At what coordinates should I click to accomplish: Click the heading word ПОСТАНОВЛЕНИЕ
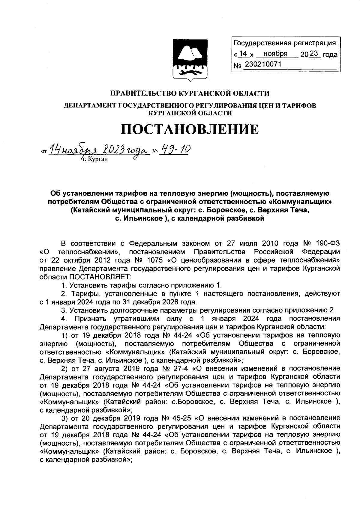click(190, 129)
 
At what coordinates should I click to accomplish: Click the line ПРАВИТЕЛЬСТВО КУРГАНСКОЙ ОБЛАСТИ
click(190, 94)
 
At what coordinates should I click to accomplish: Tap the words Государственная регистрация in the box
click(286, 43)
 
